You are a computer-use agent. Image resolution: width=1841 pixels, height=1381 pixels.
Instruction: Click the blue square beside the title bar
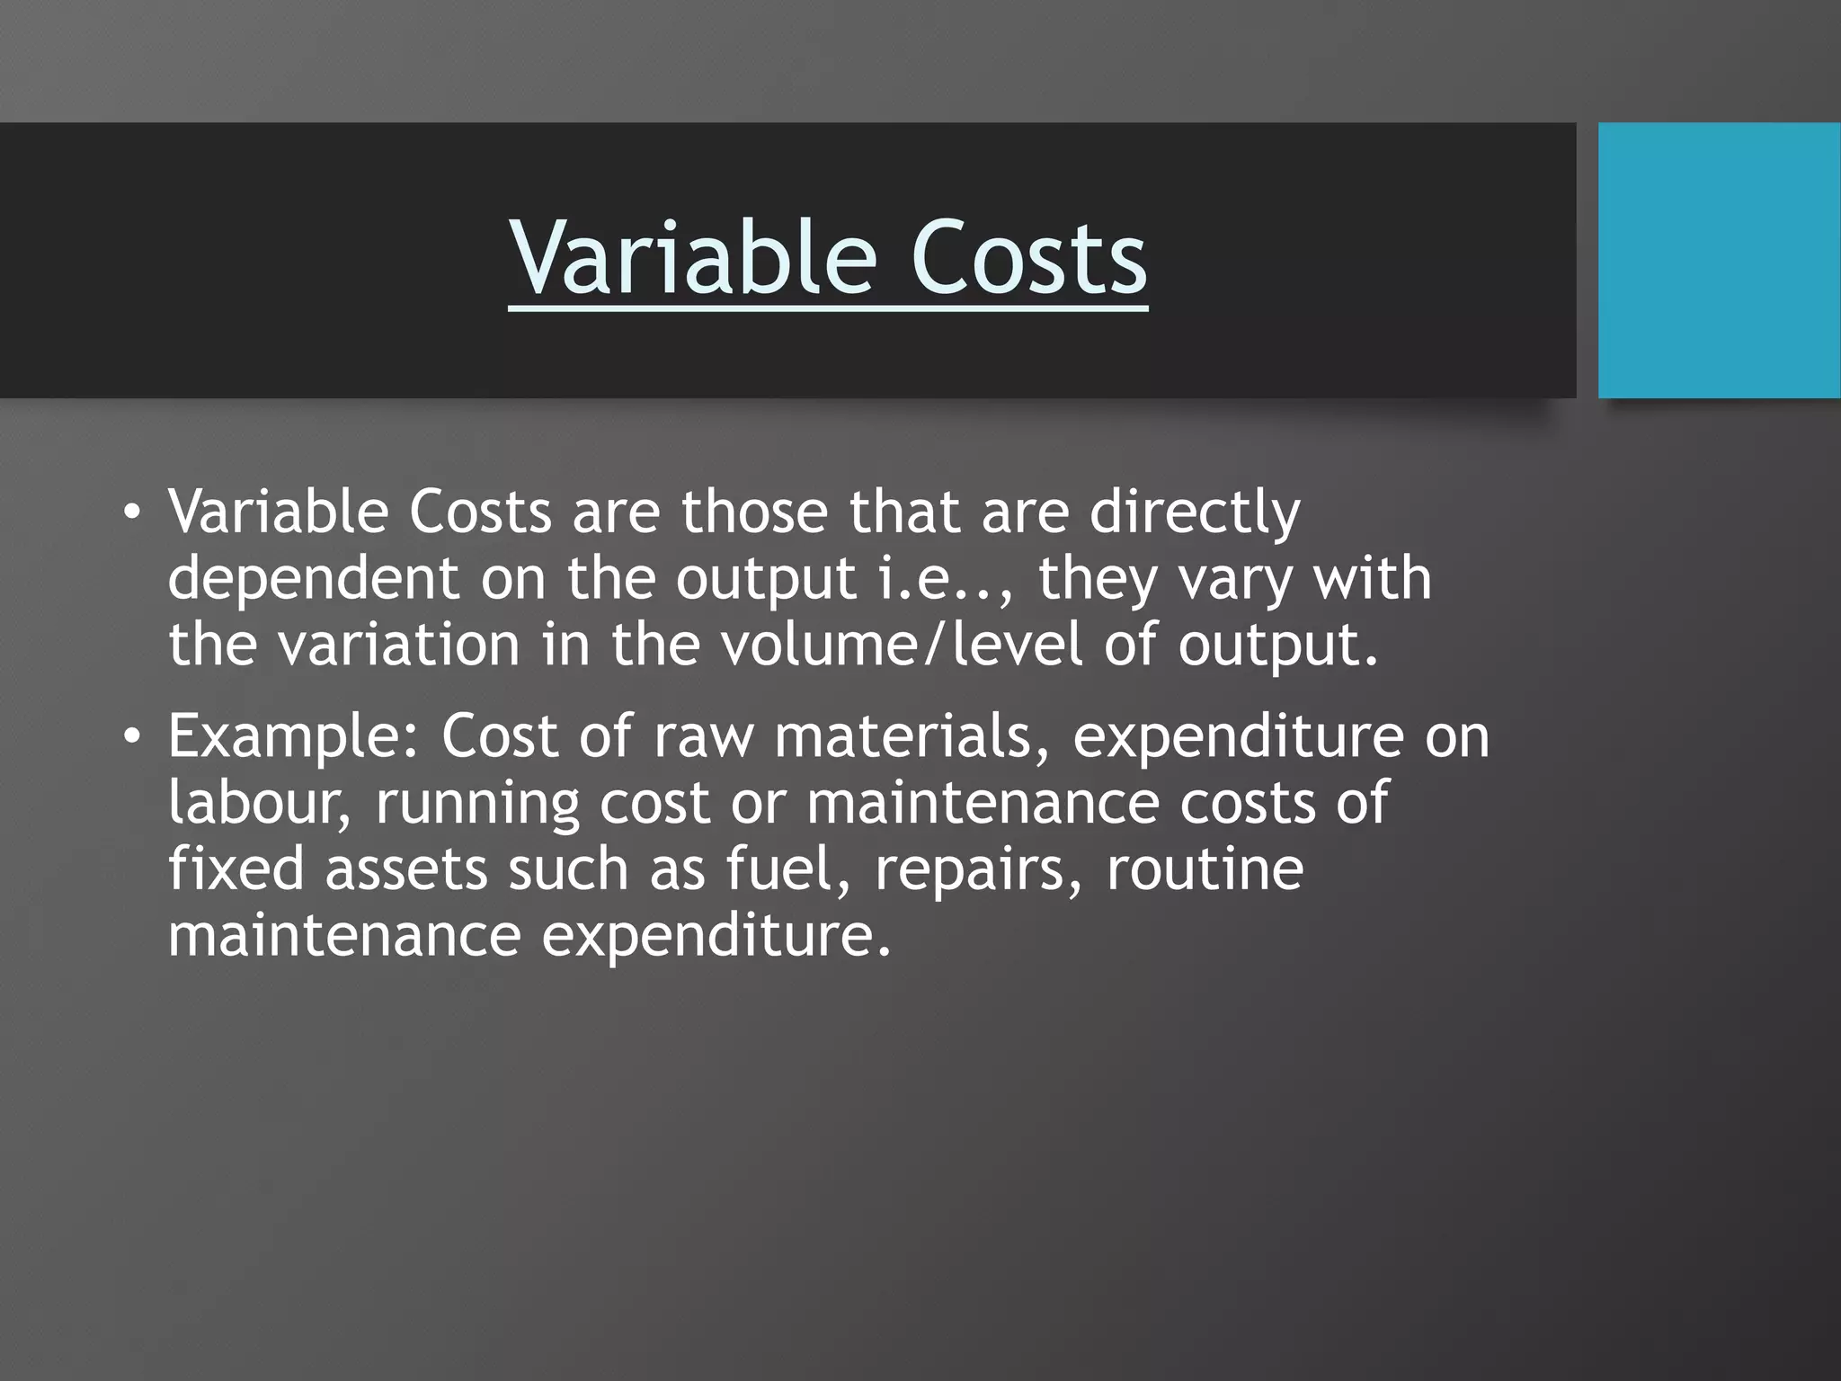pyautogui.click(x=1719, y=260)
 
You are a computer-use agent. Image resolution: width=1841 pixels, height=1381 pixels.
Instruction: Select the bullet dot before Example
pyautogui.click(x=132, y=737)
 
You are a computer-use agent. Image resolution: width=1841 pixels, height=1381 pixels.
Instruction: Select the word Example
pyautogui.click(x=293, y=737)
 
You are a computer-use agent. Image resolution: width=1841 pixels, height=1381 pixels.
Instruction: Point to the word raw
pyautogui.click(x=704, y=737)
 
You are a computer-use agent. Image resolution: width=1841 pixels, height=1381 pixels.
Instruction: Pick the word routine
pyautogui.click(x=1205, y=869)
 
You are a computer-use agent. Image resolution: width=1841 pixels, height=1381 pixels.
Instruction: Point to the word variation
pyautogui.click(x=398, y=645)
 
